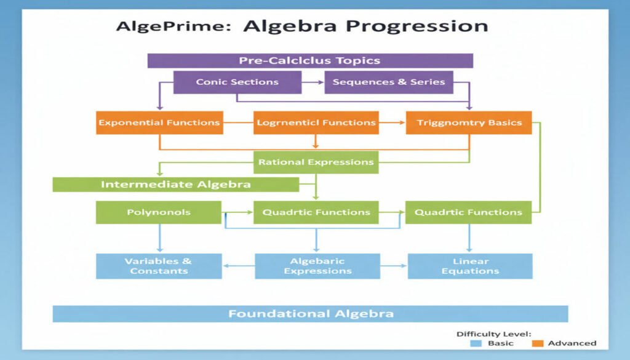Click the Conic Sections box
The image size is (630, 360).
tap(237, 82)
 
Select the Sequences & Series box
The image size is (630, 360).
tap(388, 82)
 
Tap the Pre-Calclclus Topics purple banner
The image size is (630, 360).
tap(309, 60)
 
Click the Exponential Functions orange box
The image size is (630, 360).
tap(159, 122)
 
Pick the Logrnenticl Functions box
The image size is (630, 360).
tap(316, 122)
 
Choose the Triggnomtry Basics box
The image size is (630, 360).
tap(469, 122)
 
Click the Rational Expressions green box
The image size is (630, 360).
tap(316, 162)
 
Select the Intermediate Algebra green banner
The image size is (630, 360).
tap(175, 185)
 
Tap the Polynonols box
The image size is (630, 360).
tap(159, 212)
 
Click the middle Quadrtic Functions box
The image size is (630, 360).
tap(316, 212)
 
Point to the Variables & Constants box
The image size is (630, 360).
tap(159, 266)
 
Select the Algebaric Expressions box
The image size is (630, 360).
tap(317, 266)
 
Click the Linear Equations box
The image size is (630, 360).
tap(470, 266)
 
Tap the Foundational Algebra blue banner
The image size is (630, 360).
tap(310, 314)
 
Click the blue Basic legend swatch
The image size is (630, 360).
tap(475, 343)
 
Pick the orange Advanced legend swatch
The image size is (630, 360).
tap(538, 343)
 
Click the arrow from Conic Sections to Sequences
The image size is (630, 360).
tap(313, 82)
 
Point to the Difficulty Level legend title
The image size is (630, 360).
tap(493, 334)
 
